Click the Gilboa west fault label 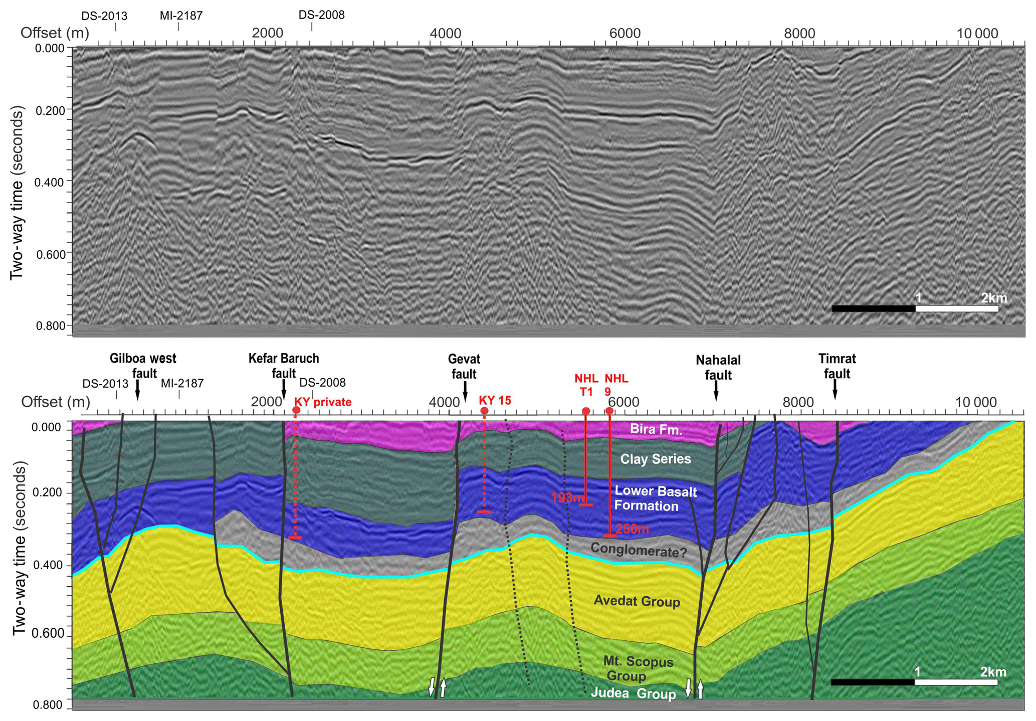143,366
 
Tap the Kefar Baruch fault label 284,366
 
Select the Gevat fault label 464,366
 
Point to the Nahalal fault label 718,367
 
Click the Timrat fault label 837,366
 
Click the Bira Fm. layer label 656,429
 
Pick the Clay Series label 656,459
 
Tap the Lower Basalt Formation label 655,498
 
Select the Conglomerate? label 639,550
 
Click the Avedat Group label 637,601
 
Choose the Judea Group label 634,694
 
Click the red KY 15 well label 495,400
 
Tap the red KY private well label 323,402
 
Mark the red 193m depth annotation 567,497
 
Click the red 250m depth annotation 632,528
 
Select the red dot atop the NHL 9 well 609,411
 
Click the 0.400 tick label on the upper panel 50,182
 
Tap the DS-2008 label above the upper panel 322,15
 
